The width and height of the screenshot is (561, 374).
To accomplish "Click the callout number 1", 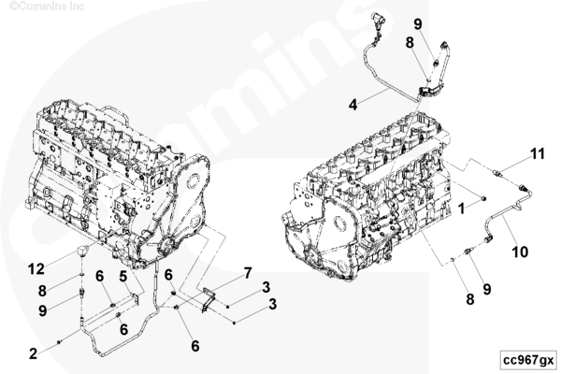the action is (x=462, y=209).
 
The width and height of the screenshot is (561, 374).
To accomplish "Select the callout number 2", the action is (x=33, y=353).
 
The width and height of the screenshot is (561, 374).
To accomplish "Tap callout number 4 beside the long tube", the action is (x=353, y=105).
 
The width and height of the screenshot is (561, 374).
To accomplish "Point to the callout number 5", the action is (x=123, y=277).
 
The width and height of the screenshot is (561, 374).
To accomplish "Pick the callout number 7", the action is (x=248, y=273).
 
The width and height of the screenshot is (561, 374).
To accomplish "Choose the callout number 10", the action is (x=520, y=252).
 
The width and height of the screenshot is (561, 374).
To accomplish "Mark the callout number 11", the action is (x=537, y=154).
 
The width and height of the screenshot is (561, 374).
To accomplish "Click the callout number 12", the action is (x=36, y=268).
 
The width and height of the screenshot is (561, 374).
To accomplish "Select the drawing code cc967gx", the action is (x=528, y=360).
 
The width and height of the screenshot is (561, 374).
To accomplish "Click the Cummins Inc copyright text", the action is (x=47, y=7).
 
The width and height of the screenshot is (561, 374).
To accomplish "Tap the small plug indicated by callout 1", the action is (x=483, y=198).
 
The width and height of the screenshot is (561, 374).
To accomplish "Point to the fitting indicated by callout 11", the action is (x=497, y=173).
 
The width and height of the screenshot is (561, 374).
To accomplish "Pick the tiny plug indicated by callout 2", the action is (x=59, y=342).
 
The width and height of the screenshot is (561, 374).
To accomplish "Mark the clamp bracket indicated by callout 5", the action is (x=136, y=300).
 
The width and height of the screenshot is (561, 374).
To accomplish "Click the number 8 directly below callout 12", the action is (x=42, y=291).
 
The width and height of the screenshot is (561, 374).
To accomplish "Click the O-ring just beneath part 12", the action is (x=82, y=275).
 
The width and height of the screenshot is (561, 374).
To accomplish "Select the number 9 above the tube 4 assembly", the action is (x=418, y=24).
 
